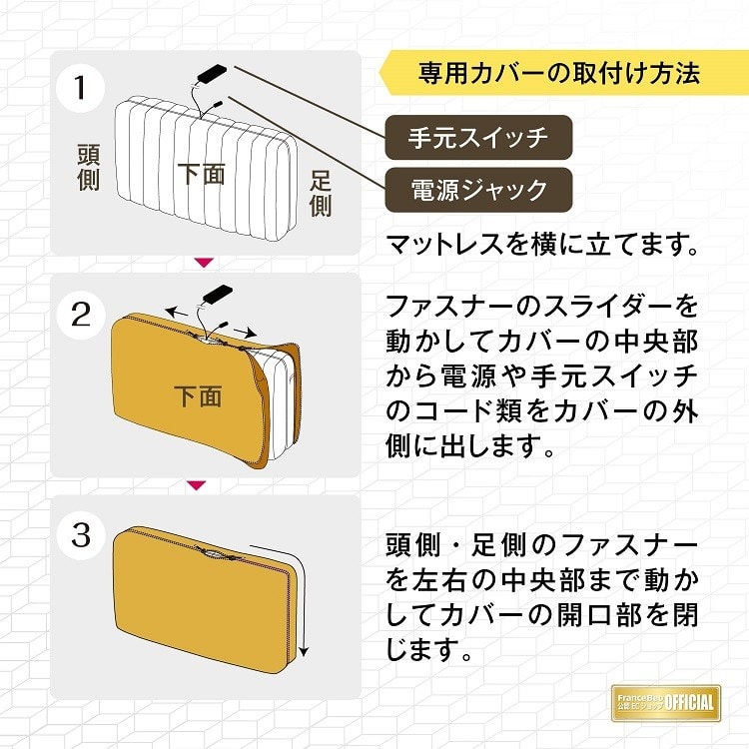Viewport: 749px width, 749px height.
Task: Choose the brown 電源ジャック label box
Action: tap(478, 190)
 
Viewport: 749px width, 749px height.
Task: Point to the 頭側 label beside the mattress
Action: tap(88, 169)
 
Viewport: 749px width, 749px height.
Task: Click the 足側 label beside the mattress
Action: tap(321, 194)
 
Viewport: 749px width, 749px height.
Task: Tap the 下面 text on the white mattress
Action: tap(201, 173)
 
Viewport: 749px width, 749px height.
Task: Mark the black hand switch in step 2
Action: tap(217, 295)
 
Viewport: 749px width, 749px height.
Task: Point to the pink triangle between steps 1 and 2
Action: tap(204, 263)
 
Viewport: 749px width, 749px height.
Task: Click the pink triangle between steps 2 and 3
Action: tap(197, 485)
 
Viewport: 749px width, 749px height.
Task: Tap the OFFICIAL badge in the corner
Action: tap(669, 701)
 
